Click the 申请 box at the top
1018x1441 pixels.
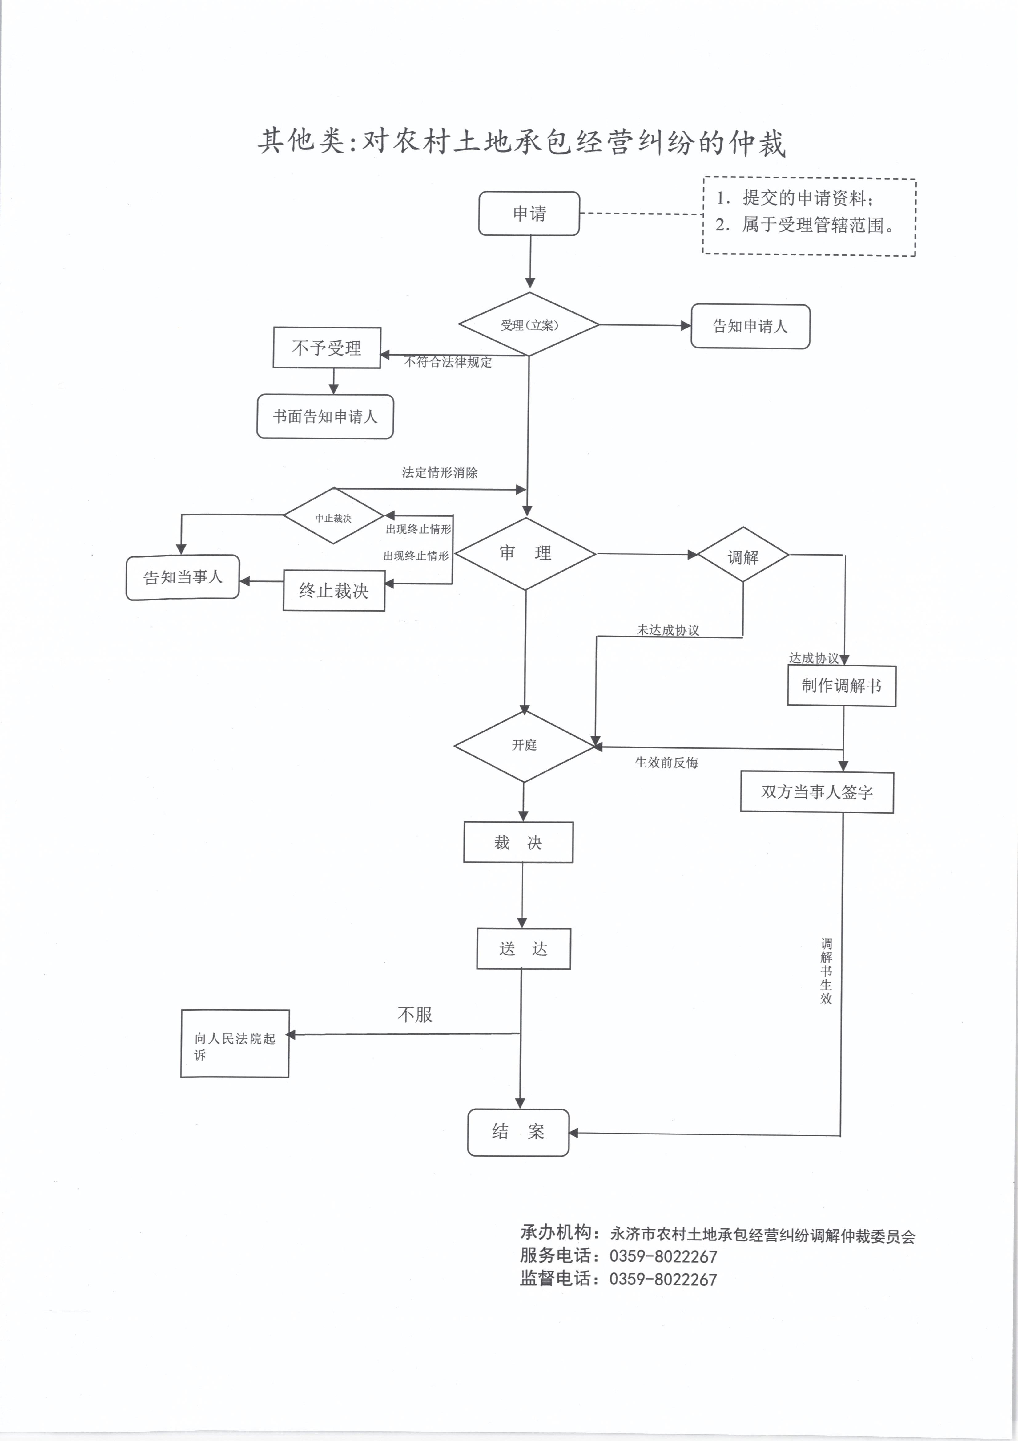pos(529,214)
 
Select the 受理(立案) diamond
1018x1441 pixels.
pos(529,324)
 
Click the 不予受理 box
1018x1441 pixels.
pos(327,348)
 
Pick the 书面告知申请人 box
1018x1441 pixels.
pos(325,416)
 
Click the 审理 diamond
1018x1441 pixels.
pos(525,554)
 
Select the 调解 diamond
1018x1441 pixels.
pos(743,555)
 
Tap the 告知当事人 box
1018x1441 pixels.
pos(183,577)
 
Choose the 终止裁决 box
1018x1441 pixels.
pos(334,590)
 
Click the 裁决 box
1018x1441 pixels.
pos(518,842)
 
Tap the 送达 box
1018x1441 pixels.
pos(524,948)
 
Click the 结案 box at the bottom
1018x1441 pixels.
pos(518,1132)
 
